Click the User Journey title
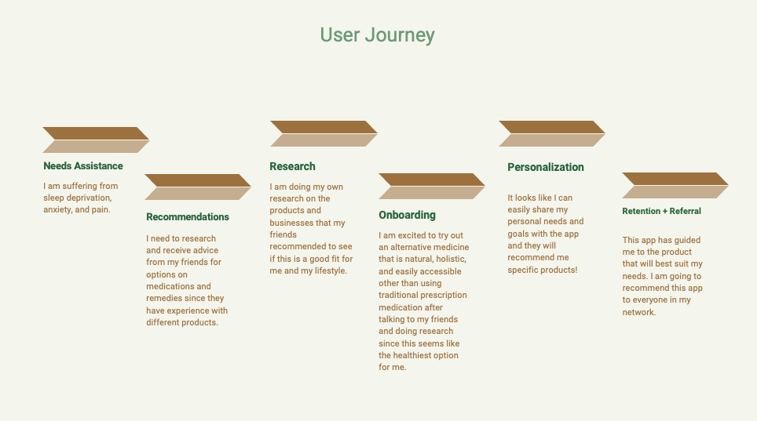point(377,35)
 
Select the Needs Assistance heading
point(83,166)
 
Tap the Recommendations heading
point(188,217)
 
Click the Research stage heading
point(292,166)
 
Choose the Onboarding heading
point(407,215)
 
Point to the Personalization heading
point(546,167)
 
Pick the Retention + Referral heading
point(661,211)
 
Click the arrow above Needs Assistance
point(95,140)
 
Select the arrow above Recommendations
point(197,187)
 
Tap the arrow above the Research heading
point(323,133)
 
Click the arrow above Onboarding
point(431,186)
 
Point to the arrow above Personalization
point(551,133)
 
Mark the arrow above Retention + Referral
point(675,185)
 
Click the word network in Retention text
point(638,312)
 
